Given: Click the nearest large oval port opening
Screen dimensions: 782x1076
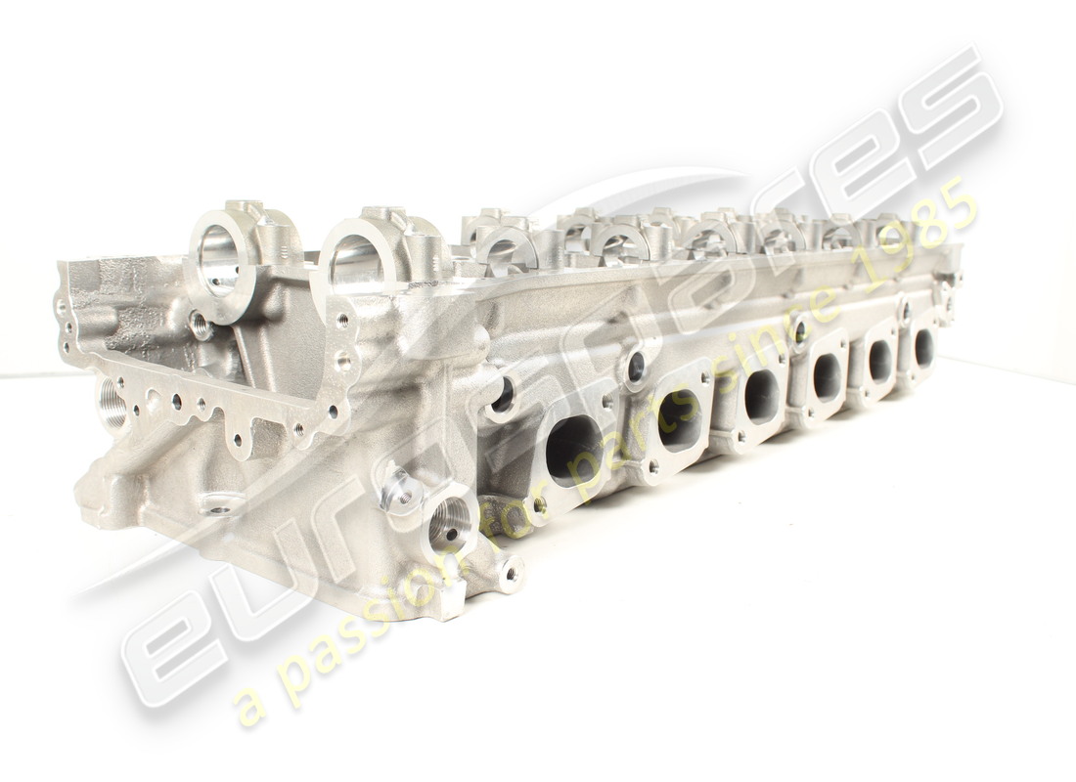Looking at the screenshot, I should pyautogui.click(x=573, y=450).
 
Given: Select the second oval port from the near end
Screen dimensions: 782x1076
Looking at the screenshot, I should pyautogui.click(x=679, y=418).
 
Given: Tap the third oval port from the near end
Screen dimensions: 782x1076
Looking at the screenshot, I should pyautogui.click(x=760, y=395).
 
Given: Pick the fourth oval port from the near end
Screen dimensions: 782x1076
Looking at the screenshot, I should pyautogui.click(x=827, y=376).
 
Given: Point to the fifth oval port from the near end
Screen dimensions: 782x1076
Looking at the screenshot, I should pyautogui.click(x=880, y=360).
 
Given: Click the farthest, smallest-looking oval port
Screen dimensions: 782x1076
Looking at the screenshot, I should pyautogui.click(x=923, y=347).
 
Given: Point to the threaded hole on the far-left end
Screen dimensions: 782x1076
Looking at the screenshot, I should pyautogui.click(x=112, y=404).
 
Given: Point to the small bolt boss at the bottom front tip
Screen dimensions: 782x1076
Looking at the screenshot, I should pyautogui.click(x=510, y=573).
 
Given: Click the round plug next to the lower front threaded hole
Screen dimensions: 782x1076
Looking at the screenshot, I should pyautogui.click(x=402, y=494).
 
